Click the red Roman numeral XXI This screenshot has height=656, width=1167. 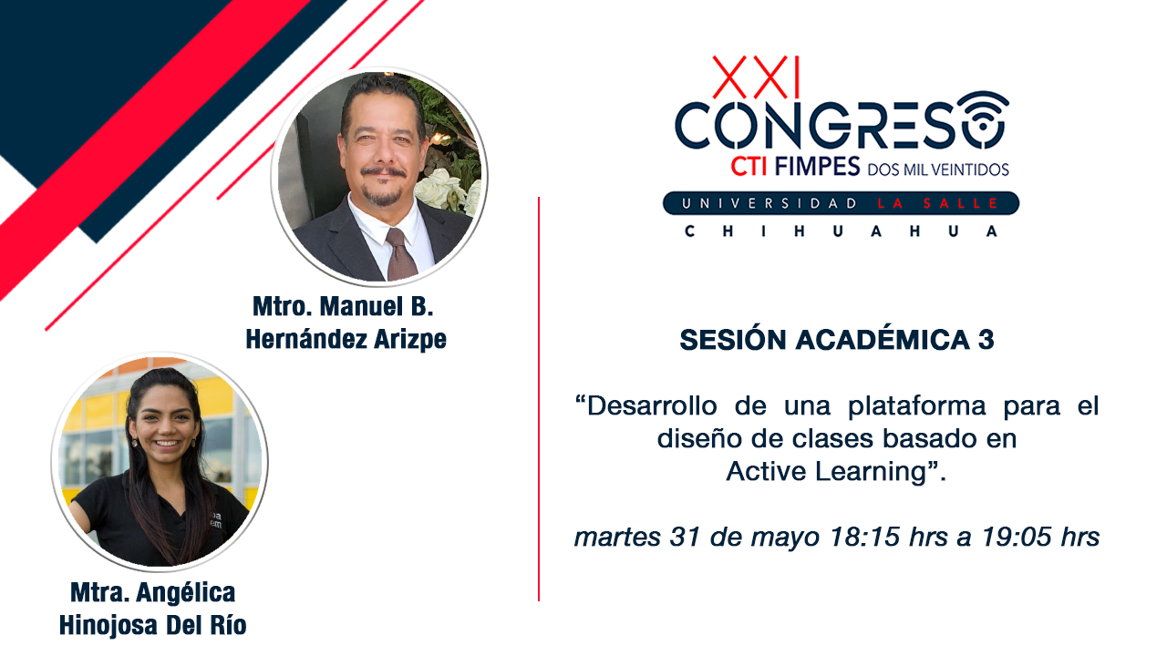point(756,77)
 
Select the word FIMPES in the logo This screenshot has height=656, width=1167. point(817,167)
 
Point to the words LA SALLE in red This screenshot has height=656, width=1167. point(937,203)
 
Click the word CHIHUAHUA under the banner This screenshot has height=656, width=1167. point(841,231)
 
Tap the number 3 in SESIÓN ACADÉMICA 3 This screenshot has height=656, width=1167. point(986,340)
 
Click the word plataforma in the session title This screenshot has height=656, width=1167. point(917,406)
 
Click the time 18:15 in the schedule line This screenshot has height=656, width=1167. point(865,537)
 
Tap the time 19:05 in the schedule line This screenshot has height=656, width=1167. point(1017,537)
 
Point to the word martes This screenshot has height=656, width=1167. point(617,538)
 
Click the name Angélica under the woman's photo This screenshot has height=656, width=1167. point(185,592)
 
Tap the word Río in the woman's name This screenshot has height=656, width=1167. point(228,625)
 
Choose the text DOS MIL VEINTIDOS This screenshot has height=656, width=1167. point(938,169)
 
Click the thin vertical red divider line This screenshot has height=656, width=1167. point(539,399)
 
